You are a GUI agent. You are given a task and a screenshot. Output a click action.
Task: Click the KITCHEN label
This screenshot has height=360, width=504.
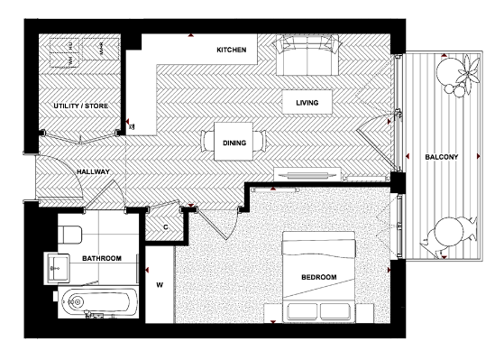(232, 49)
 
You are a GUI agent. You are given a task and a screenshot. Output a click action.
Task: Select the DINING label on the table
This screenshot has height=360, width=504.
(235, 142)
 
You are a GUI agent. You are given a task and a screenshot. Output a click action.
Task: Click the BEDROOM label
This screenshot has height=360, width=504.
(319, 276)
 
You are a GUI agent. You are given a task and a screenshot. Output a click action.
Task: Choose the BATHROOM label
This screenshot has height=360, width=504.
(102, 259)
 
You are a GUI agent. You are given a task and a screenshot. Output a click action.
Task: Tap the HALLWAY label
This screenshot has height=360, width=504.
(93, 171)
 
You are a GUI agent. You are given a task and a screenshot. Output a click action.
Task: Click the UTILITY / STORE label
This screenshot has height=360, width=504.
(80, 106)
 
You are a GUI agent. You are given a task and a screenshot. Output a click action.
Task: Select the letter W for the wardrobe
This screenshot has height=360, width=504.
(160, 286)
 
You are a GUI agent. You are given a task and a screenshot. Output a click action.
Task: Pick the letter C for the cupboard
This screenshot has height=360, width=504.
(165, 226)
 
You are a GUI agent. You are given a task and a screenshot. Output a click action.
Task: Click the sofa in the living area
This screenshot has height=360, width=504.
(307, 56)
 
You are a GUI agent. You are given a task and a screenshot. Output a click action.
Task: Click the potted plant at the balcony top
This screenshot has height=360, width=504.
(463, 74)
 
